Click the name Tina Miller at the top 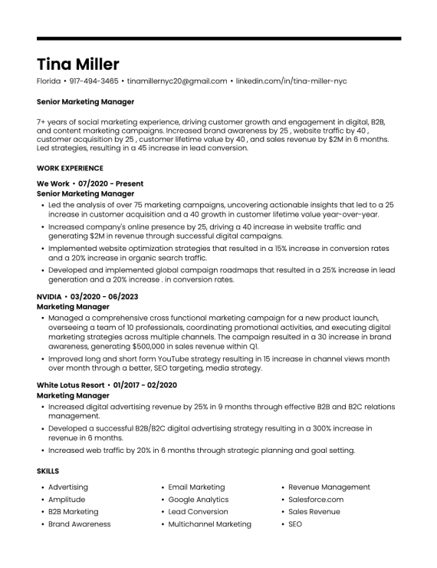tap(77, 64)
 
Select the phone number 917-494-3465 tap(94, 81)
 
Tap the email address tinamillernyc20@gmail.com tap(177, 81)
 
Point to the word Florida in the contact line tap(48, 81)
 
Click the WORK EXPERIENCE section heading tap(70, 167)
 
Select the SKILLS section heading tap(48, 471)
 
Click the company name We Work tap(53, 184)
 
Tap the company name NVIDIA tap(50, 296)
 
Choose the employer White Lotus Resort tap(71, 385)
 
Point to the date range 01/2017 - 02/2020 tap(146, 385)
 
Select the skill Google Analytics tap(199, 500)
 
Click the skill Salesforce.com tap(316, 500)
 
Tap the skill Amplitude tap(67, 500)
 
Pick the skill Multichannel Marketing tap(209, 524)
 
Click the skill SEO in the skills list tap(295, 524)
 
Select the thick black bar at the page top tap(219, 38)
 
